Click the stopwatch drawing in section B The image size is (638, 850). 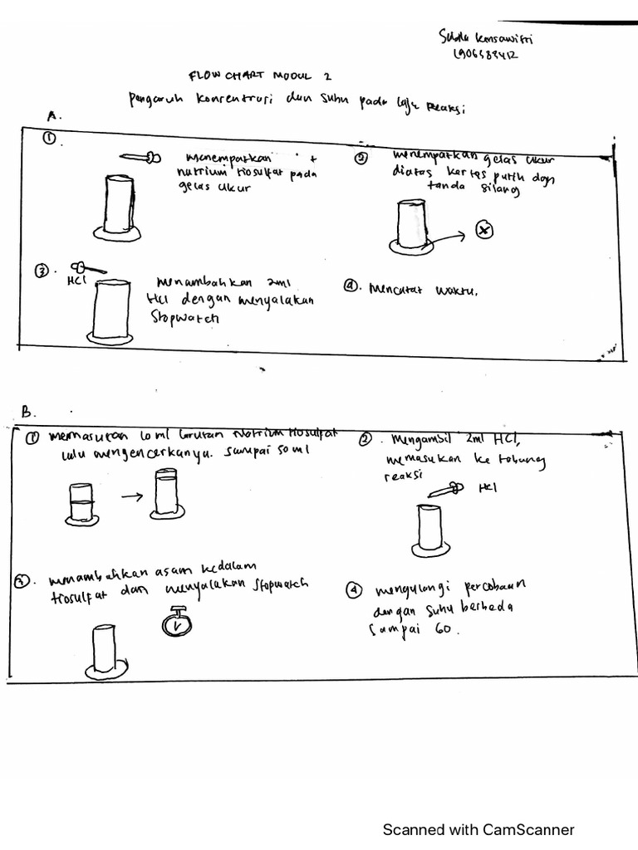(x=175, y=622)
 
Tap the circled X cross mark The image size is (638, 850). (x=485, y=230)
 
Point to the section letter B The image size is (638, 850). (x=27, y=411)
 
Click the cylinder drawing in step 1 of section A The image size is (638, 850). (x=121, y=206)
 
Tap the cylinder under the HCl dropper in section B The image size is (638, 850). (x=432, y=530)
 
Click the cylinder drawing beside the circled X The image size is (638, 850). (x=410, y=226)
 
